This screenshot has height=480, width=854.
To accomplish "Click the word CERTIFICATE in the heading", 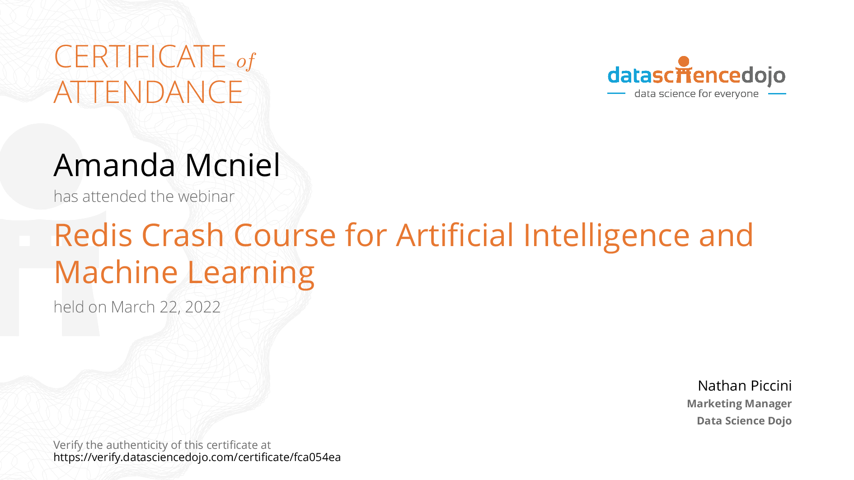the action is [140, 56].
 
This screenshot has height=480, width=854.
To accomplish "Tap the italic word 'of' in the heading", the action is [246, 61].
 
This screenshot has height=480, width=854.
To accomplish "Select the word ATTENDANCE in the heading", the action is [148, 92].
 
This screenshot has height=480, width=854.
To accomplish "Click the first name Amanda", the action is [114, 165].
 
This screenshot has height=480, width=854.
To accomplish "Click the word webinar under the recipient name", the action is [206, 196].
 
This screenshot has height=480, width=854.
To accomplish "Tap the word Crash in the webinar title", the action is [183, 235].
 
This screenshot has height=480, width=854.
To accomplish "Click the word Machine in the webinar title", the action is [116, 272].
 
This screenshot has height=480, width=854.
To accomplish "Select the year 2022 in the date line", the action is [203, 307].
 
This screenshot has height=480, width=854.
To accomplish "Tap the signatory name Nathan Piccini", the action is [745, 386].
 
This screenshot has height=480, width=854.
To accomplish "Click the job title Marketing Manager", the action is [739, 404].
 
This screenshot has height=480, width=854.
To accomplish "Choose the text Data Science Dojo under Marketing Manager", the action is [744, 421].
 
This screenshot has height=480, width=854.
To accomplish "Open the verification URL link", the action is [197, 457].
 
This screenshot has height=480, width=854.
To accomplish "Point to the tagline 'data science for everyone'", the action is [696, 94].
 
